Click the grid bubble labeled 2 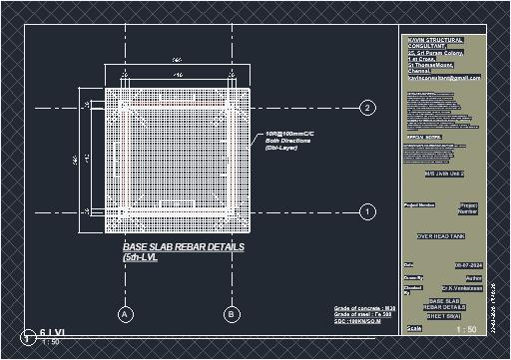click(367, 108)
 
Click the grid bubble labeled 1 click(367, 212)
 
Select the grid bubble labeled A click(126, 314)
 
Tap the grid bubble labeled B click(232, 314)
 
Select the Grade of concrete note click(364, 309)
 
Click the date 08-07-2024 click(468, 265)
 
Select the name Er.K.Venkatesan click(465, 288)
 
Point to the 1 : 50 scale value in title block click(466, 329)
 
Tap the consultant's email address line click(444, 77)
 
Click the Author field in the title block click(474, 277)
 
